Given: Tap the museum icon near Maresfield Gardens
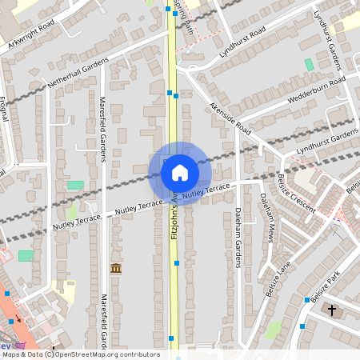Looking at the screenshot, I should [x=116, y=268].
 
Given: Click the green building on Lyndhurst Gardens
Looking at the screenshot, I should [x=309, y=64].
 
